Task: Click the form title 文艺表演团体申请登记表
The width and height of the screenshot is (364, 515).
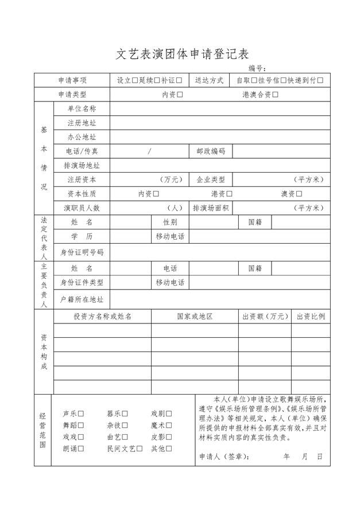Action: tap(182, 54)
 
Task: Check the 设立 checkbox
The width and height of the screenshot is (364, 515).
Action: tap(135, 81)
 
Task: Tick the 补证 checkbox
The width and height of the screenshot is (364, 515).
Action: tap(179, 81)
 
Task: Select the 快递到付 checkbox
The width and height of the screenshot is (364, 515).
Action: tap(320, 81)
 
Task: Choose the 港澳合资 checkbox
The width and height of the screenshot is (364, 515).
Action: tap(275, 95)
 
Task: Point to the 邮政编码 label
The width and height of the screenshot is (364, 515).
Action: tap(211, 151)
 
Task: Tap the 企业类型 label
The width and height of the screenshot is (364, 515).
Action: tap(211, 180)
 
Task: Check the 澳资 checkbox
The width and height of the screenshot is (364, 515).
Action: tap(300, 194)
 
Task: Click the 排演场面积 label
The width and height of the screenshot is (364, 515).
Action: tap(211, 208)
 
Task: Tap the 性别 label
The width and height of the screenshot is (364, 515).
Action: tap(170, 222)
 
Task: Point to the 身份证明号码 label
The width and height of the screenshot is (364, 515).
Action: tap(82, 251)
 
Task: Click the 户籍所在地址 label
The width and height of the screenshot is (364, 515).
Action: tap(82, 299)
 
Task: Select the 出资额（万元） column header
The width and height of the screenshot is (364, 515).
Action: tap(264, 317)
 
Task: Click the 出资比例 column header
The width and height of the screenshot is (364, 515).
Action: tap(311, 317)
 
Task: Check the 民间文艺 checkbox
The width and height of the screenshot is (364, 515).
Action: tap(140, 448)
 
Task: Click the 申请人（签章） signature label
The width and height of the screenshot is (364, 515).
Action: tap(224, 457)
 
